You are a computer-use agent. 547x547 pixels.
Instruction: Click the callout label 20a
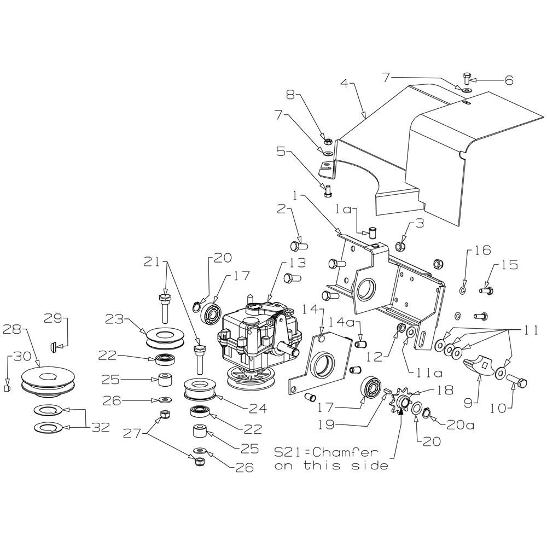point(460,425)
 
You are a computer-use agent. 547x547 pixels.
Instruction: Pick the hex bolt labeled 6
point(467,78)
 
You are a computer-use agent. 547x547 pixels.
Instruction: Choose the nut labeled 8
point(328,142)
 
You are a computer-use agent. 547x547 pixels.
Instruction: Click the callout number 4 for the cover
point(344,84)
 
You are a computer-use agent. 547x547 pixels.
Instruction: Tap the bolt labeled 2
point(299,245)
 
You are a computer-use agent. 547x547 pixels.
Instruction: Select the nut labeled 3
point(400,246)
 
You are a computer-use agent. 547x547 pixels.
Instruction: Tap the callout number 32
point(101,427)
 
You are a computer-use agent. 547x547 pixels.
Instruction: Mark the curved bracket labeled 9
point(481,366)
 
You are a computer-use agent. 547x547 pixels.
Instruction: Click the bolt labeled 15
point(486,290)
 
